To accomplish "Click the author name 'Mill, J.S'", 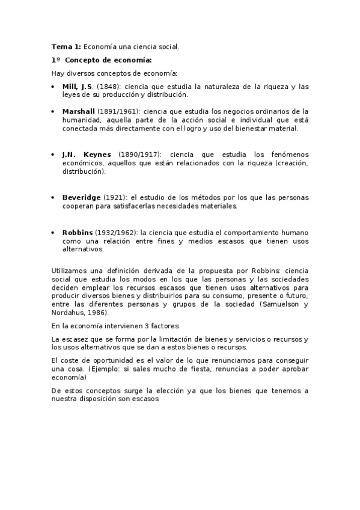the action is pyautogui.click(x=77, y=87).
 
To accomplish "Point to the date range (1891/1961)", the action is pyautogui.click(x=120, y=111).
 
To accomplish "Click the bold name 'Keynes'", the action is pyautogui.click(x=97, y=155).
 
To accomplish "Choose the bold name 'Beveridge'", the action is pyautogui.click(x=81, y=197).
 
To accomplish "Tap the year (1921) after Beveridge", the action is pyautogui.click(x=114, y=197).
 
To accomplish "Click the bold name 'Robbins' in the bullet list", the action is pyautogui.click(x=78, y=232).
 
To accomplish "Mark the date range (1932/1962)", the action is pyautogui.click(x=117, y=232).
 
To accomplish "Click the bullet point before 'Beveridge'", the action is pyautogui.click(x=54, y=197).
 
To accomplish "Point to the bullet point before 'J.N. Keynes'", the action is pyautogui.click(x=54, y=155).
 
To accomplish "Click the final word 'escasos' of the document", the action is pyautogui.click(x=144, y=399).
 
